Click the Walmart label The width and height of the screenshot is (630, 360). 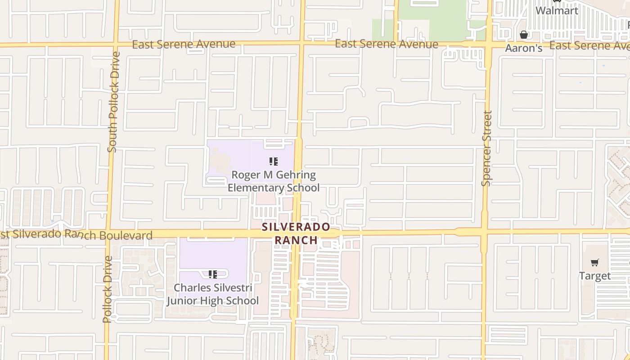point(557,10)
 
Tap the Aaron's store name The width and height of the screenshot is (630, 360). point(523,48)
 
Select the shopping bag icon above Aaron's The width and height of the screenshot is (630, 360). point(524,35)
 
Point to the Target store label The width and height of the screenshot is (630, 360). point(595,276)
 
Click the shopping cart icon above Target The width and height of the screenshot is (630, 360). point(595,262)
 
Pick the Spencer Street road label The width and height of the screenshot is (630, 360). point(486,148)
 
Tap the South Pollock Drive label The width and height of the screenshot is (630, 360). point(113,102)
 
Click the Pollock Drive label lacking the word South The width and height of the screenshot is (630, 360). point(107,289)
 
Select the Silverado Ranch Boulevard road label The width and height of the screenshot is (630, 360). point(76,234)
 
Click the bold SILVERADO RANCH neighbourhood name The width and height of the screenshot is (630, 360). point(296,233)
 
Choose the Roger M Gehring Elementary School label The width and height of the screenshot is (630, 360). point(274,181)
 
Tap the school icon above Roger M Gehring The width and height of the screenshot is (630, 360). point(273,161)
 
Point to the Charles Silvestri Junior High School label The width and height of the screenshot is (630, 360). point(213,294)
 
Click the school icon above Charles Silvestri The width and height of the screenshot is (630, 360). point(212,274)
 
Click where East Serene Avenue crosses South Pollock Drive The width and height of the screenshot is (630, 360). point(116,45)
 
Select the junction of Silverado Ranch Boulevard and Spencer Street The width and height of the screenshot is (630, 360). point(484,232)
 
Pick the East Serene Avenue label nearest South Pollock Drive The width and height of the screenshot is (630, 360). point(184,44)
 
